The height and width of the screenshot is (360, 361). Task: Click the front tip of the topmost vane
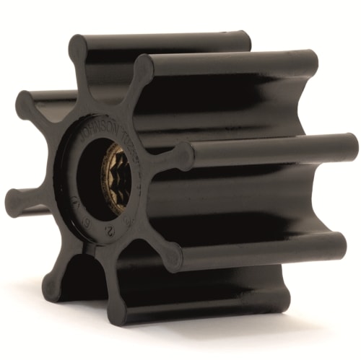79,49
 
